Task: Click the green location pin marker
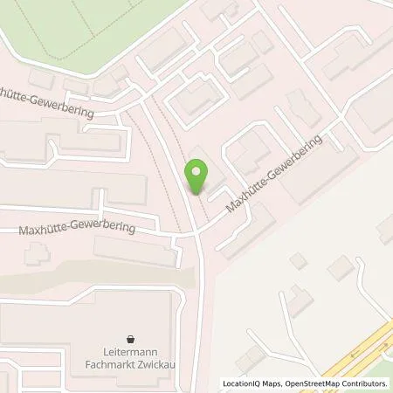coord(198,177)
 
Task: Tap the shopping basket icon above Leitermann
coord(130,337)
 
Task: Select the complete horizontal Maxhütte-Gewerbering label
coord(79,229)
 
